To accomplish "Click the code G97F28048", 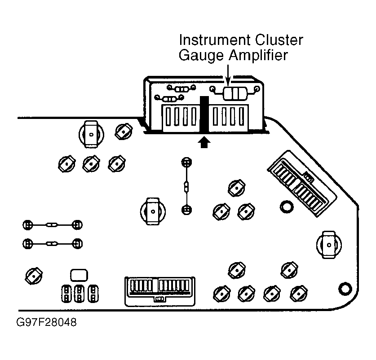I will [45, 323].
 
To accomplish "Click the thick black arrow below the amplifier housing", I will [204, 142].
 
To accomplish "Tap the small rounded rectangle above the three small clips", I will [79, 275].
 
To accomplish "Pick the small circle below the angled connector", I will [285, 206].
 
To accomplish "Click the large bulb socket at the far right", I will [330, 245].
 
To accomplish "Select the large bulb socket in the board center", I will [153, 211].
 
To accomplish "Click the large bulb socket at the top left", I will [91, 134].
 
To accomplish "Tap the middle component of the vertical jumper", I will [186, 186].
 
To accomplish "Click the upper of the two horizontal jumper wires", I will [53, 224].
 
